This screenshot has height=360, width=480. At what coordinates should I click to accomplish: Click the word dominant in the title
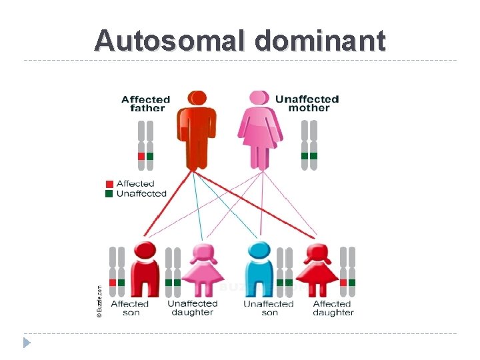click(319, 41)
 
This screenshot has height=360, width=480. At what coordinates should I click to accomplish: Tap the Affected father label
click(146, 104)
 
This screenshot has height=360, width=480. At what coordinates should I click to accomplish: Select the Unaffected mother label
click(307, 103)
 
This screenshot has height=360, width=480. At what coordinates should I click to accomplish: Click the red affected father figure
click(196, 129)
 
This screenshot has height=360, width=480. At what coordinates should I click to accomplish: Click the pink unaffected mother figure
click(261, 131)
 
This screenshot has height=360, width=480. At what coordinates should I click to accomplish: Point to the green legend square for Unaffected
click(109, 193)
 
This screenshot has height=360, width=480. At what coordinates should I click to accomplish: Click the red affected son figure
click(145, 270)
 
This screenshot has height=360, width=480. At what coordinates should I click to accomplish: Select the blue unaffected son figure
click(259, 270)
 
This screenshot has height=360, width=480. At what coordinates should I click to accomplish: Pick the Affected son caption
click(130, 308)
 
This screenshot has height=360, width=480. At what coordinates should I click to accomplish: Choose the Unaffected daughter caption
click(192, 308)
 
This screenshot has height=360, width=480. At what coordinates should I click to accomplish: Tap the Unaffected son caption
click(269, 308)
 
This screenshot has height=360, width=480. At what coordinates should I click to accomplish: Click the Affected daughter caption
click(333, 308)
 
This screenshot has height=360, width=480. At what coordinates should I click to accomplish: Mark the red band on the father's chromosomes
click(141, 156)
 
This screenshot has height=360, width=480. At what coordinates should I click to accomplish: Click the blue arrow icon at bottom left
click(27, 343)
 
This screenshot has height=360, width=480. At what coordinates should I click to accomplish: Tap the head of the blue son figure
click(259, 251)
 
